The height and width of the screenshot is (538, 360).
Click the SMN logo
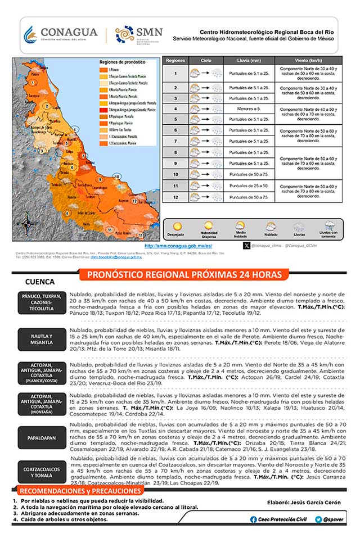click(139, 35)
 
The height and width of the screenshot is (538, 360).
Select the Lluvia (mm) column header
click(248, 60)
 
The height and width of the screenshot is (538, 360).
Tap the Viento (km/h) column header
click(308, 60)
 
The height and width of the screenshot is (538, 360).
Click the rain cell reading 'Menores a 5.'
click(248, 108)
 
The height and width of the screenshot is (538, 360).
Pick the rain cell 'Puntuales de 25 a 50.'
click(248, 186)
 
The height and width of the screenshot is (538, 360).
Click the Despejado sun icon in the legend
click(175, 225)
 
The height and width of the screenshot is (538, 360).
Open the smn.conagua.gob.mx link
click(178, 246)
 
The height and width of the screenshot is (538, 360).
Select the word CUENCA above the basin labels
click(40, 282)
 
